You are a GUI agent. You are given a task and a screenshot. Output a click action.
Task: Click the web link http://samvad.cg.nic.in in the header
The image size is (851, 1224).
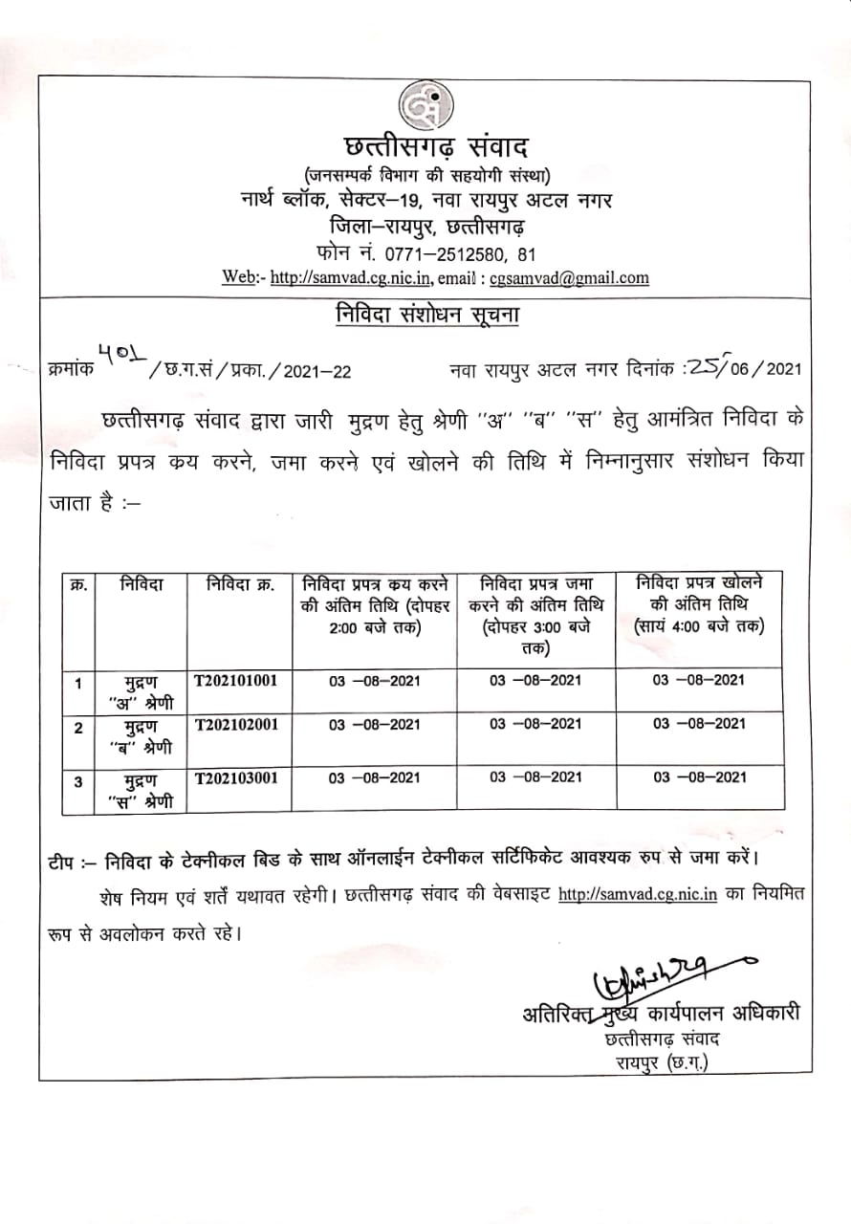click(353, 278)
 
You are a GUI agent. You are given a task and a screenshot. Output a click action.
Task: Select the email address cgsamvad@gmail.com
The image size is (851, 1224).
click(569, 278)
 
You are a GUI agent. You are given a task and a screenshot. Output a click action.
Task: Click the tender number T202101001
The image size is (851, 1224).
click(236, 681)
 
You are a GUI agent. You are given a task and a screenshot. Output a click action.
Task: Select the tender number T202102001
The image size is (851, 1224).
click(236, 724)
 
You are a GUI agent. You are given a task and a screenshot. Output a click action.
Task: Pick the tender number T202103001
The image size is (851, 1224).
click(236, 777)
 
